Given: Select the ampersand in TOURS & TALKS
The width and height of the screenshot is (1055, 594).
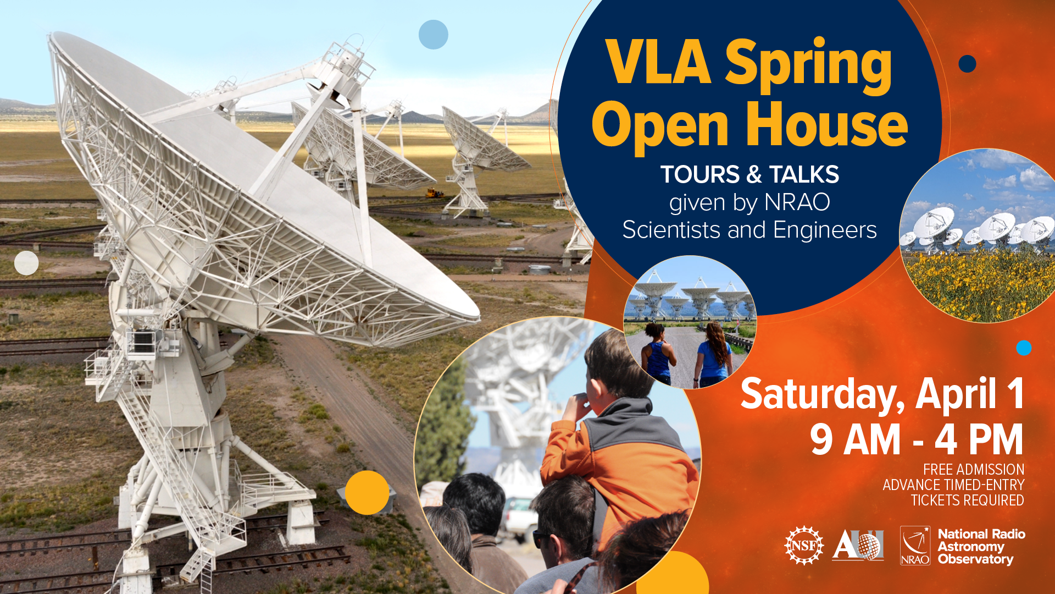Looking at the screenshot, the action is [754, 174].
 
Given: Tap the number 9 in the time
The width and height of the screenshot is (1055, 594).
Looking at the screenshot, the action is [821, 440].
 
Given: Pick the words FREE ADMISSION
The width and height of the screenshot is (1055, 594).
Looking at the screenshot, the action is [974, 469].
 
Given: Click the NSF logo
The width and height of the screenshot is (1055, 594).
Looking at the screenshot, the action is [804, 545].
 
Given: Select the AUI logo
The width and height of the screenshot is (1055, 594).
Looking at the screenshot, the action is [858, 545].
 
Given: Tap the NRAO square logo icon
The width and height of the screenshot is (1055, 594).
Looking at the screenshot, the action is [915, 546].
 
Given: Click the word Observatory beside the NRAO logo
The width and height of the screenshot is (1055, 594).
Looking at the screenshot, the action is [975, 559].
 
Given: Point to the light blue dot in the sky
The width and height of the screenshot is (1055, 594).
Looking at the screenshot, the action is [434, 35].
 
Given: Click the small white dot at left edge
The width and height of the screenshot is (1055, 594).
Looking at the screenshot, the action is [26, 263].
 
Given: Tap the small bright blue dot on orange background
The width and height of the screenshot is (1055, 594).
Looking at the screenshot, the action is [1024, 348].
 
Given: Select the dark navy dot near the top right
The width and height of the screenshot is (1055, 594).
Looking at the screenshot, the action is [967, 64].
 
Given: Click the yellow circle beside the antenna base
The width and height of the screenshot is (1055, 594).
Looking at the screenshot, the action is [367, 492].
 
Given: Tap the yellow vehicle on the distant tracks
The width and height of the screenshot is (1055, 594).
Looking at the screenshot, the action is [435, 193].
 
